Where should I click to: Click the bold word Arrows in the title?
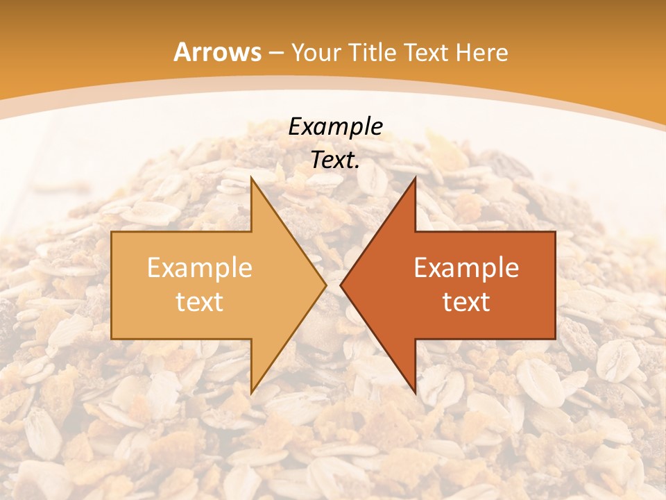[217, 52]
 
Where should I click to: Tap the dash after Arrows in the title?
[276, 53]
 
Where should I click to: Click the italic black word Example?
[335, 126]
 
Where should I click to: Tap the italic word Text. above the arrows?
[335, 160]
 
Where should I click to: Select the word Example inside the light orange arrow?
[200, 268]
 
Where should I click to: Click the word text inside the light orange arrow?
[200, 302]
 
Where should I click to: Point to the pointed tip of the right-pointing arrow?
[326, 285]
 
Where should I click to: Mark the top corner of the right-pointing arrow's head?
[251, 177]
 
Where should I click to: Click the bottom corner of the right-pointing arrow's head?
[251, 393]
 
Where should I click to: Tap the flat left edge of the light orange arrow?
[112, 285]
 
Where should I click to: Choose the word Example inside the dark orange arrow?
[466, 268]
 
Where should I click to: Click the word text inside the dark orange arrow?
[466, 302]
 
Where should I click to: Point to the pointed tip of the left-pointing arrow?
[341, 285]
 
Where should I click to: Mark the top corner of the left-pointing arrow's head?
[415, 177]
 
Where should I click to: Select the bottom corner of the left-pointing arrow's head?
[415, 393]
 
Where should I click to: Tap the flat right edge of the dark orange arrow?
[555, 285]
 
